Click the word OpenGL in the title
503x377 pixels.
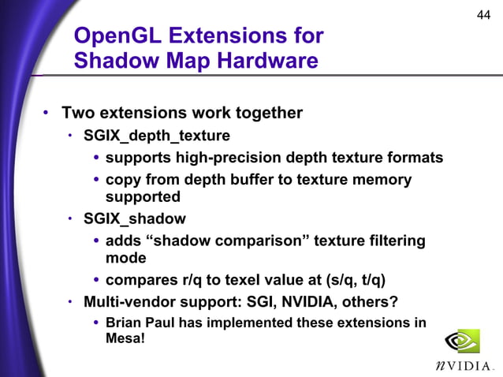pyautogui.click(x=117, y=36)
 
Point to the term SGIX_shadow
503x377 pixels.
pyautogui.click(x=135, y=218)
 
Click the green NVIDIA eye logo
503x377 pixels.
pyautogui.click(x=462, y=341)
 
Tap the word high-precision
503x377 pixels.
pyautogui.click(x=217, y=158)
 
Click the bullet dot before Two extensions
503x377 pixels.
pyautogui.click(x=47, y=114)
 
